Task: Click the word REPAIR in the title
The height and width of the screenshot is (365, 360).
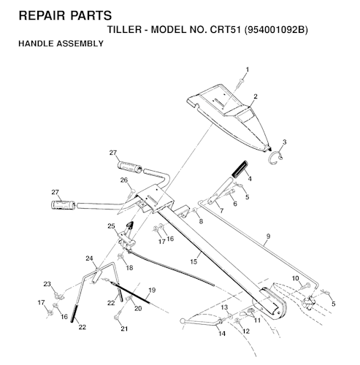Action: [42, 15]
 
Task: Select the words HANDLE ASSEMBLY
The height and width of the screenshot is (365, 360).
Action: [61, 44]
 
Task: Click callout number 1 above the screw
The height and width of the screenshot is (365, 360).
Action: [248, 69]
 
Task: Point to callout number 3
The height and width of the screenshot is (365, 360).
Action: [284, 142]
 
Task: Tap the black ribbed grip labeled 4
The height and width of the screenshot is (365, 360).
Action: [240, 169]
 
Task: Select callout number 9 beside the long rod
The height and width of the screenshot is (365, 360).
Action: [268, 236]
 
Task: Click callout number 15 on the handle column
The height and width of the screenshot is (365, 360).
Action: [194, 262]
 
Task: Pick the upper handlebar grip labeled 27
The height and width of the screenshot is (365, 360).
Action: [130, 167]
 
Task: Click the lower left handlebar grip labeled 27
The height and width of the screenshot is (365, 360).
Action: [64, 205]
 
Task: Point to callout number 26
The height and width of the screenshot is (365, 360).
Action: [124, 180]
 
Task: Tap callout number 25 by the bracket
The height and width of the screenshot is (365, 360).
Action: [111, 226]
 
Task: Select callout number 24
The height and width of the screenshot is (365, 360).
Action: [89, 258]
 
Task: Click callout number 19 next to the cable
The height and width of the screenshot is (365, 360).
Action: [152, 290]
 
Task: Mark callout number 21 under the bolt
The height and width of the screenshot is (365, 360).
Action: [124, 328]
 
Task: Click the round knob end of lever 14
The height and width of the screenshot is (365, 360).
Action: [183, 321]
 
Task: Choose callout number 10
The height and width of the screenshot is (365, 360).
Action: [295, 278]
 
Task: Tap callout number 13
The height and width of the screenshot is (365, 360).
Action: [224, 308]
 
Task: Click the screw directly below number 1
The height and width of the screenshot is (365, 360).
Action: [240, 82]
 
